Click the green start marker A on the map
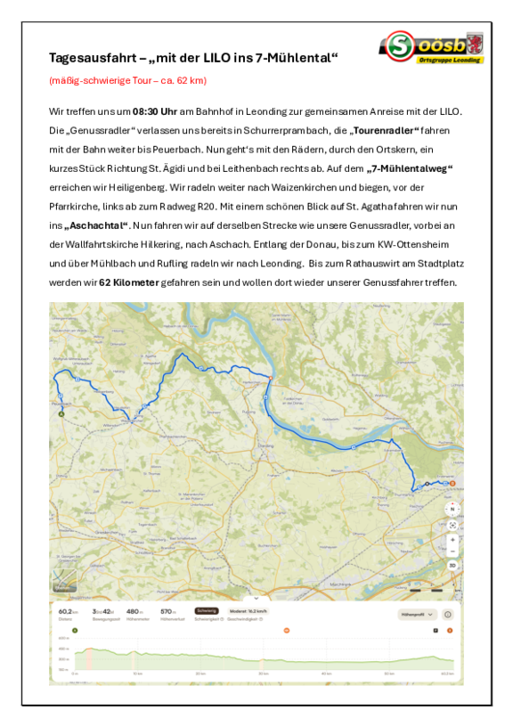(x=61, y=413)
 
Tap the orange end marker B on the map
(x=452, y=482)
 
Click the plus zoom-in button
(x=452, y=539)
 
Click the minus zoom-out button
(x=452, y=551)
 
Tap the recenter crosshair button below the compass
(x=452, y=525)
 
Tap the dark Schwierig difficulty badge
(x=207, y=611)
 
